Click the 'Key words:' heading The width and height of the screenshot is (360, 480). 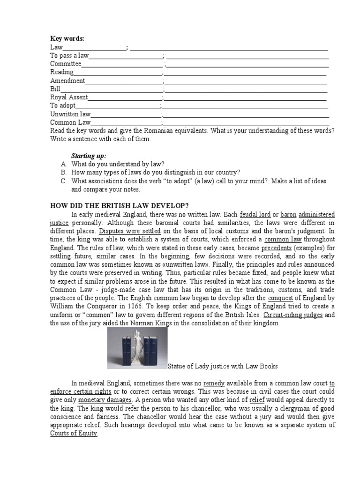(67, 38)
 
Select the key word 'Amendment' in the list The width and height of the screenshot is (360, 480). (67, 81)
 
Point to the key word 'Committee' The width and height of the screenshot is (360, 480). (66, 64)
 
